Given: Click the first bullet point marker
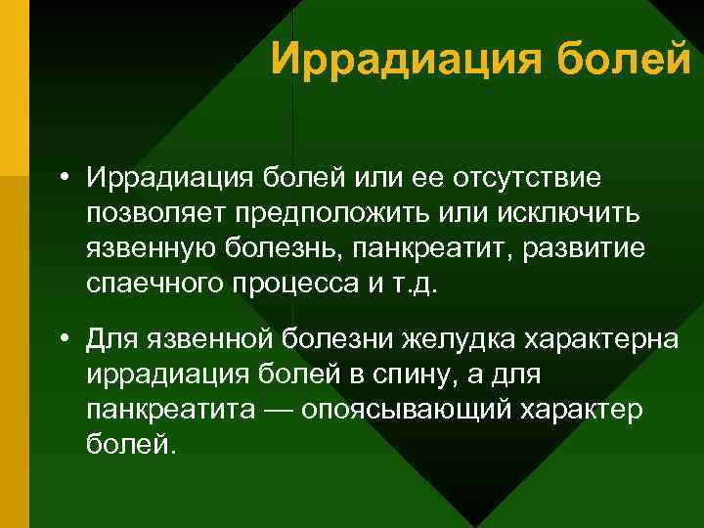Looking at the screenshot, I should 62,179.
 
